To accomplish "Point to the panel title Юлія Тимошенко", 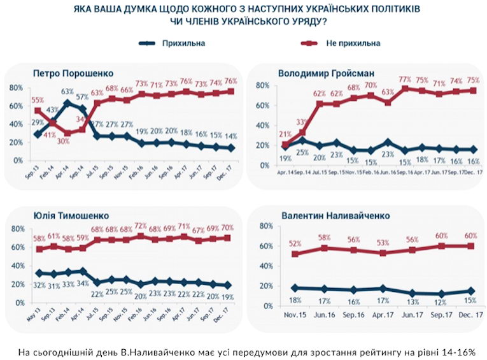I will click(x=64, y=215).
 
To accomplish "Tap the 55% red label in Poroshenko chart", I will click(x=37, y=101).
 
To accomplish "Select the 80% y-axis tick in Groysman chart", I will click(x=263, y=85).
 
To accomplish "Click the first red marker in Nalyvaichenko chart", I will click(x=295, y=254).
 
